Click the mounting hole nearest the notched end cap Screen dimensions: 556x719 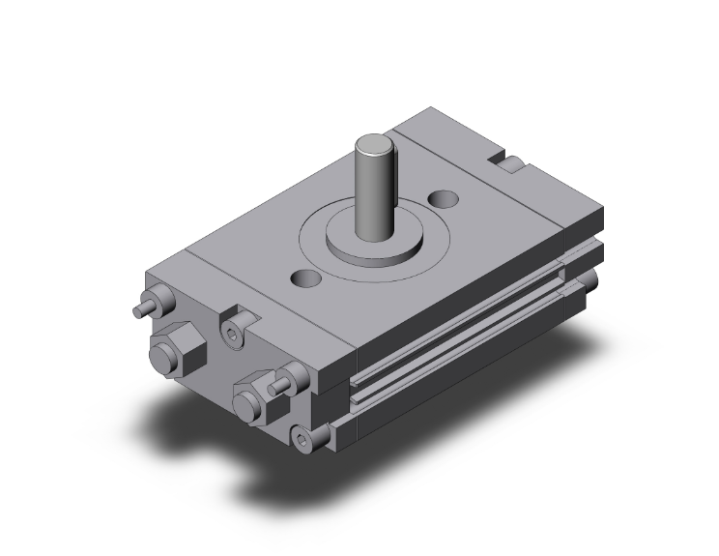coord(446,198)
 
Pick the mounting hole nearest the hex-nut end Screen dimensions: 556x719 coord(307,279)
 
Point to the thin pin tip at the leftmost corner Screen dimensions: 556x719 coord(135,312)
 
